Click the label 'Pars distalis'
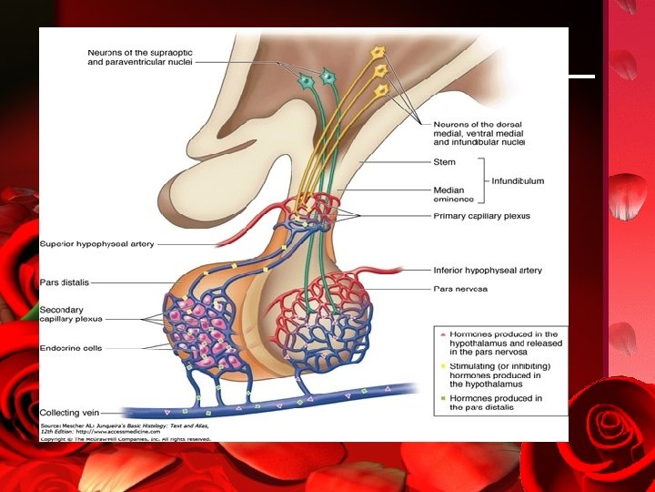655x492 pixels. coord(64,282)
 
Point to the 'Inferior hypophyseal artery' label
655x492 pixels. coord(488,271)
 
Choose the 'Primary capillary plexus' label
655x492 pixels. coord(481,216)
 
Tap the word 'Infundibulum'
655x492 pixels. coord(518,180)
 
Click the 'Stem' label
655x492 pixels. coord(443,162)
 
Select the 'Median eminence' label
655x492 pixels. coord(448,196)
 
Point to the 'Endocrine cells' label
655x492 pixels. coord(69,348)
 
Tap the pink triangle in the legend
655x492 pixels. coord(443,334)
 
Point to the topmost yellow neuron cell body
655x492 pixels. coord(374,51)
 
